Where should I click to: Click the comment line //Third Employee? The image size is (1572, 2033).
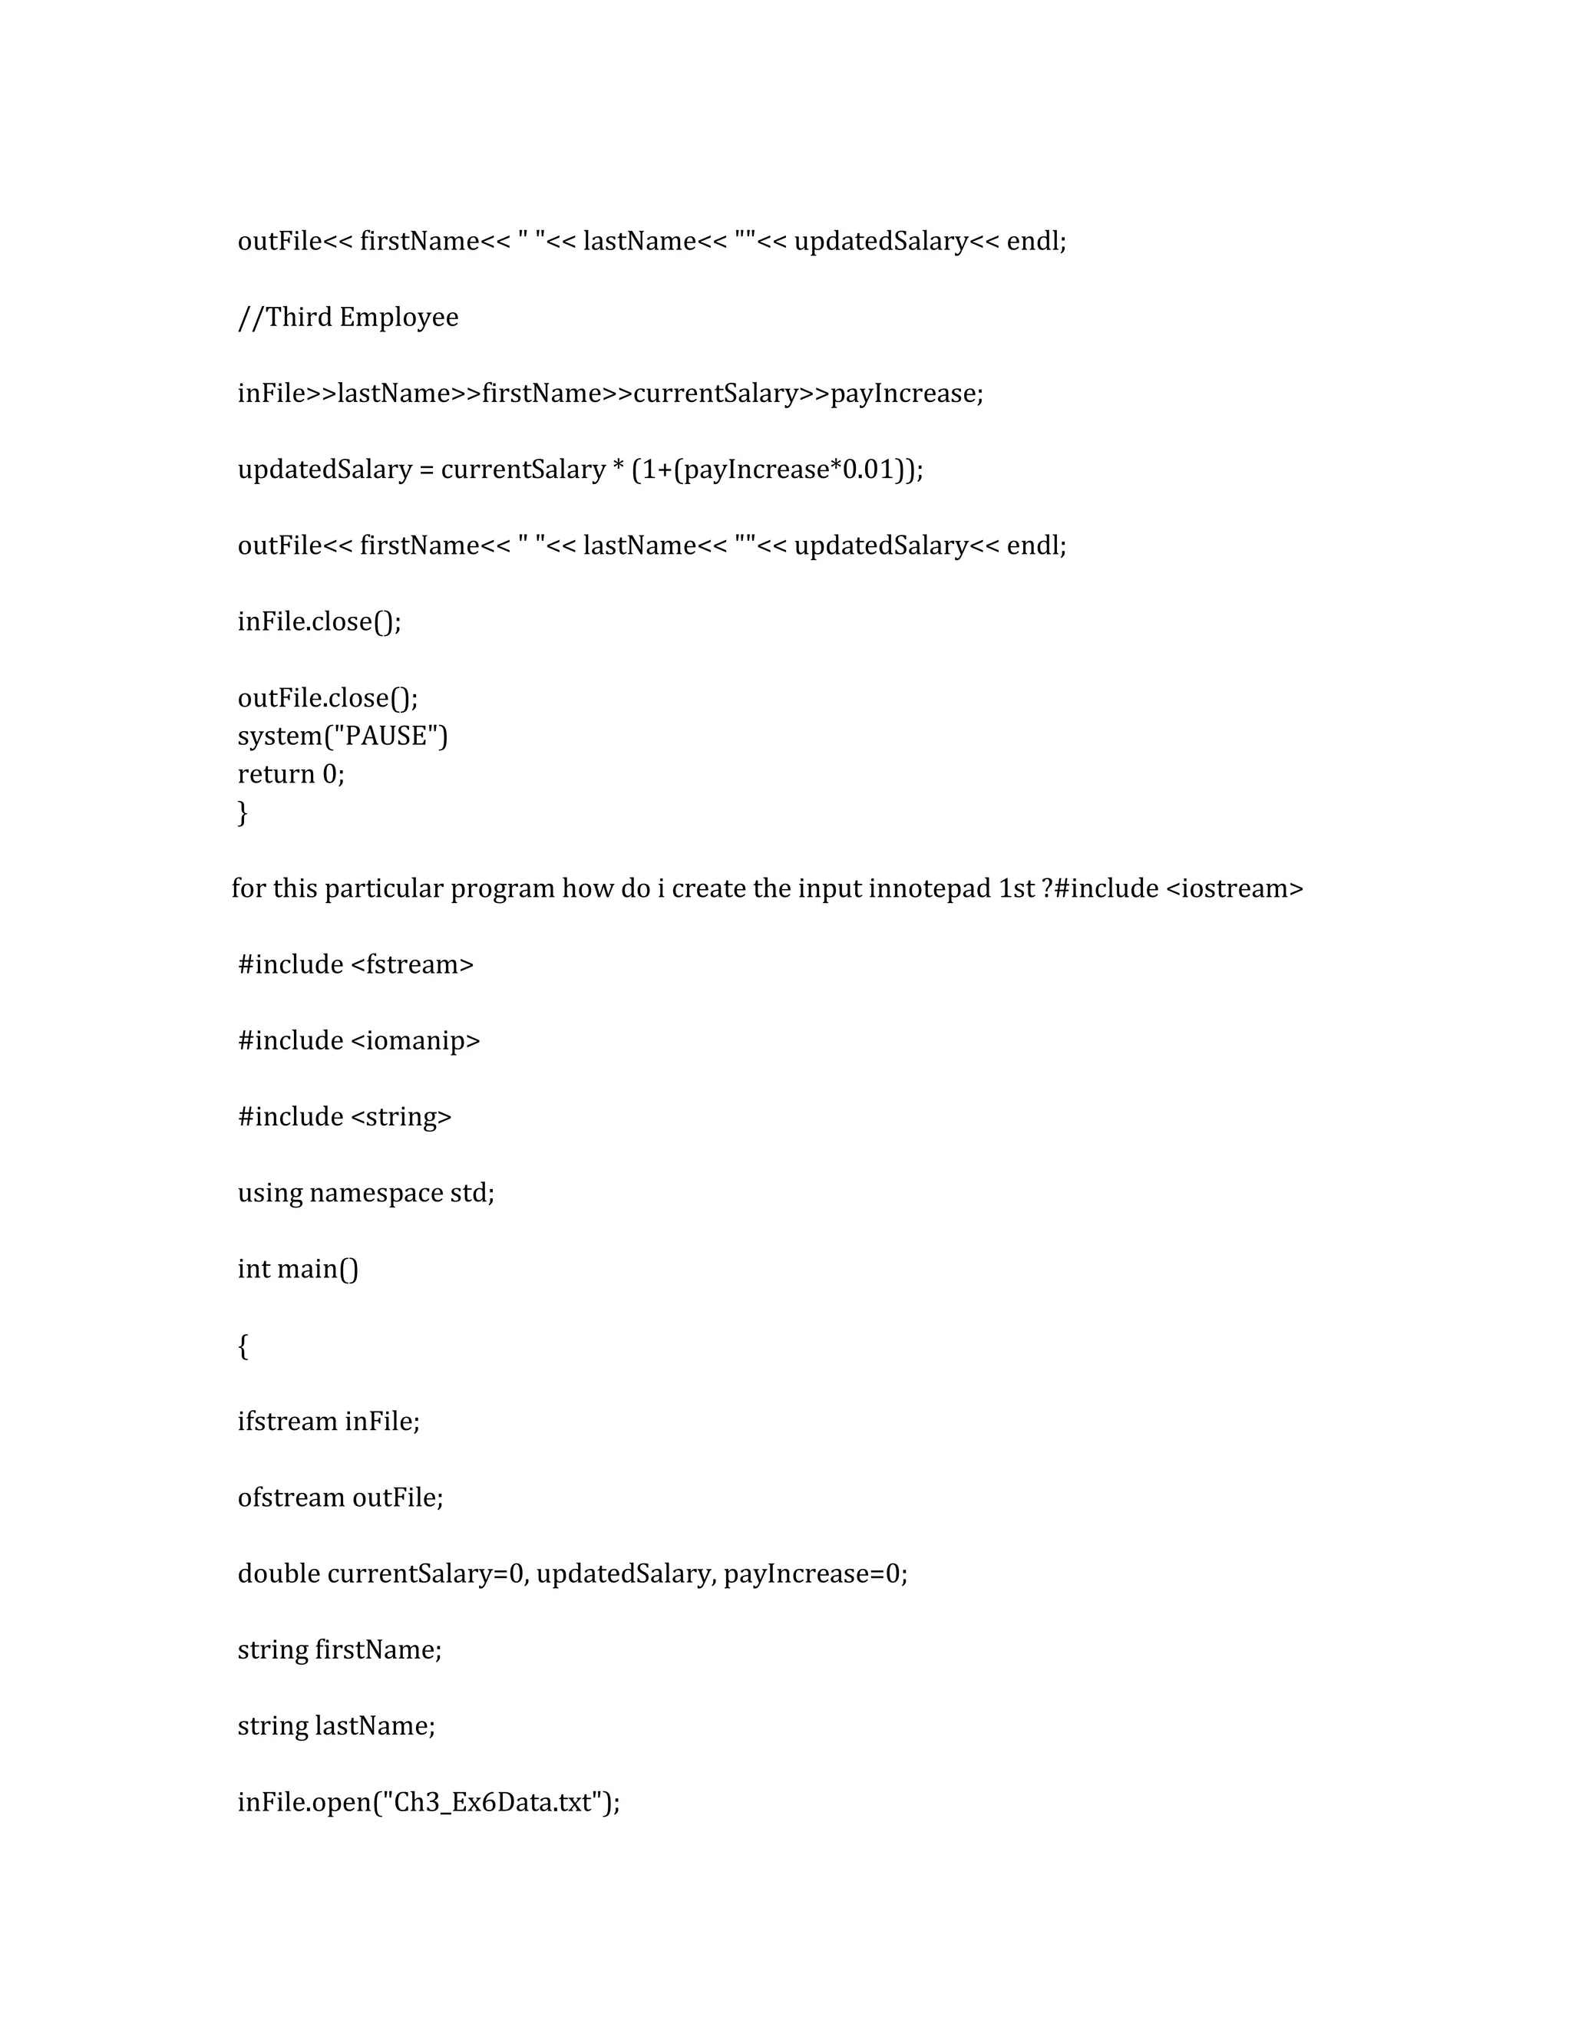348,318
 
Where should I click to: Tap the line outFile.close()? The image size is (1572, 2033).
328,697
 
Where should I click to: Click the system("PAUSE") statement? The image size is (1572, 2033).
342,736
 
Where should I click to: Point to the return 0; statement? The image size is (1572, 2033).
291,773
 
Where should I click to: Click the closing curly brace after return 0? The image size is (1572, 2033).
243,812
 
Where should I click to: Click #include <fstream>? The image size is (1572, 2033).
355,964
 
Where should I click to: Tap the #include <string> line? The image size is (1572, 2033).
345,1116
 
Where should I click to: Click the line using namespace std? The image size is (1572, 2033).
366,1192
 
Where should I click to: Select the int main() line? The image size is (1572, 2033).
298,1269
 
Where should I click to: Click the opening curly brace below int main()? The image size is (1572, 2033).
243,1345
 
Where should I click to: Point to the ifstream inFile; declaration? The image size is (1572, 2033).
329,1422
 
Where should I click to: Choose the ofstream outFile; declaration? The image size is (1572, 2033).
340,1498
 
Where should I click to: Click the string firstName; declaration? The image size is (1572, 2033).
340,1649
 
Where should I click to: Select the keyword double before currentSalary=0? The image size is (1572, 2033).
279,1573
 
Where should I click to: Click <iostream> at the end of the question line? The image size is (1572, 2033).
1234,888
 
